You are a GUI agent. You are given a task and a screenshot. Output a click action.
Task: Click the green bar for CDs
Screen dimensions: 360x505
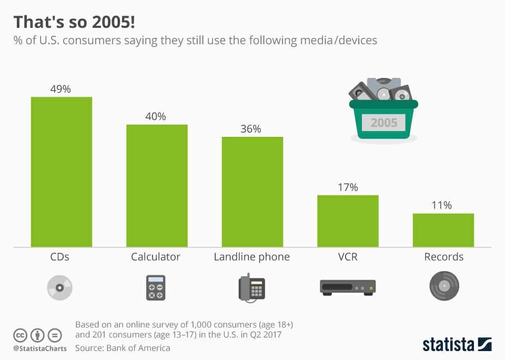[62, 172]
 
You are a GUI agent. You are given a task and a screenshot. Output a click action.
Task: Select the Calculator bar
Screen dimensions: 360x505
[157, 186]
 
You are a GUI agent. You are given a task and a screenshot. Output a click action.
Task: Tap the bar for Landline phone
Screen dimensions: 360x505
[252, 192]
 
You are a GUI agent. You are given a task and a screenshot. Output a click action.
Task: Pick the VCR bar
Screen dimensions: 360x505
[348, 221]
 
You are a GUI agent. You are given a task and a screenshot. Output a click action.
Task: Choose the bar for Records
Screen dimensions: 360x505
[443, 230]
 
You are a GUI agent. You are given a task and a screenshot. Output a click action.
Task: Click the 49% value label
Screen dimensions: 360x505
[60, 89]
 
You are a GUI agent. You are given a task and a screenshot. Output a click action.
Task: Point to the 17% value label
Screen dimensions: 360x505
[347, 187]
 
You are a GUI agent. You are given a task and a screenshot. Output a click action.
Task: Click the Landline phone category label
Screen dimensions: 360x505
[251, 257]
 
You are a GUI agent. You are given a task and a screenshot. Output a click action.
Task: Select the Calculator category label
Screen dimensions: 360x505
[156, 257]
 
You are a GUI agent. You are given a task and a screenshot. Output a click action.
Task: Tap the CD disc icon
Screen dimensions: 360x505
[59, 288]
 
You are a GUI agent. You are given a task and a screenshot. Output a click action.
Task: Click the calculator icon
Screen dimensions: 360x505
[156, 288]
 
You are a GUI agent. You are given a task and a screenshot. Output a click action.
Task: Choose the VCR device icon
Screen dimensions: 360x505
[348, 287]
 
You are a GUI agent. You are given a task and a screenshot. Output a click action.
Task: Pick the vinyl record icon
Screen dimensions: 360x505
[444, 286]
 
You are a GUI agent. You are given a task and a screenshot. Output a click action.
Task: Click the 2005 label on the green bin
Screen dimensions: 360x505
[383, 123]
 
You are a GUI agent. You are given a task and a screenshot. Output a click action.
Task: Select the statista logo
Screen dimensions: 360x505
[457, 345]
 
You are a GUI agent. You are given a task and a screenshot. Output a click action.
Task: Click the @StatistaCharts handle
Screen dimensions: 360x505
[39, 348]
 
